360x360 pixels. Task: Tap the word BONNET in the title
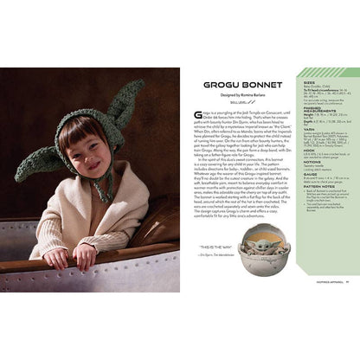click(247, 87)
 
